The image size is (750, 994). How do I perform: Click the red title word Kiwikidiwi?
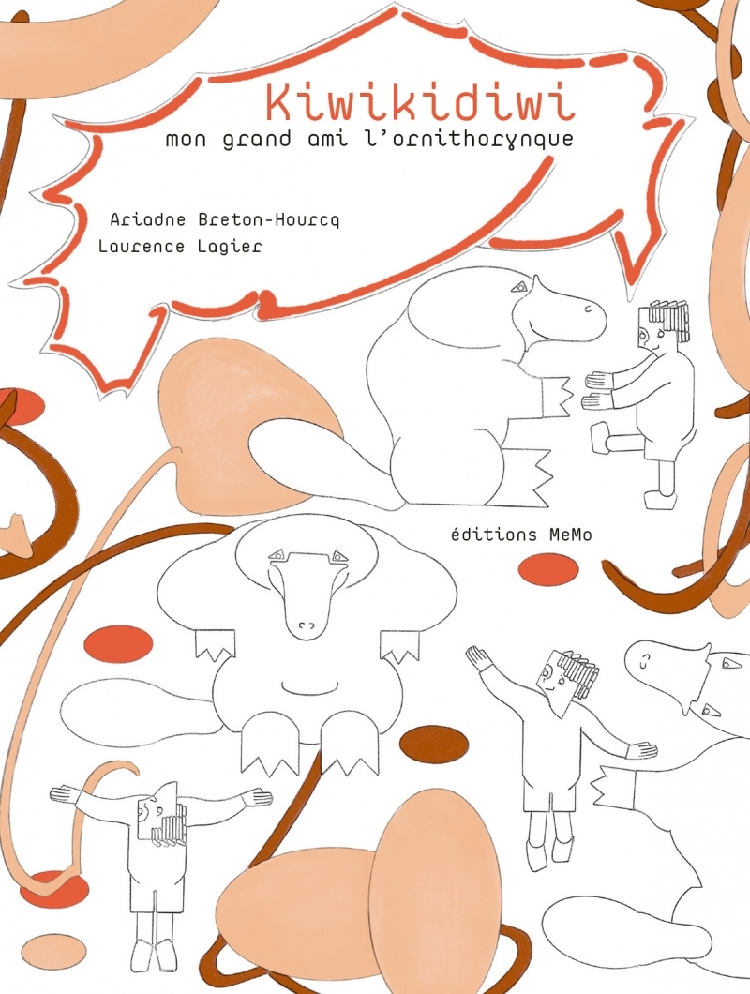click(420, 104)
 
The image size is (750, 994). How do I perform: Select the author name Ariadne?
click(148, 219)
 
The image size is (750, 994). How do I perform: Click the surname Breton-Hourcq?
click(269, 220)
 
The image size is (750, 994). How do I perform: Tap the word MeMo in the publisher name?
click(569, 535)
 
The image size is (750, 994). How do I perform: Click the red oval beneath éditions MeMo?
click(548, 569)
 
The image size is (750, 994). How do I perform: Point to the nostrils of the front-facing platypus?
click(307, 625)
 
